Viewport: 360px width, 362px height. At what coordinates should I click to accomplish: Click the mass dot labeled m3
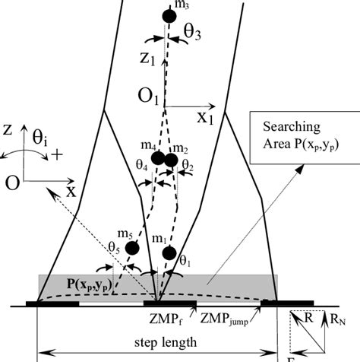[169, 14]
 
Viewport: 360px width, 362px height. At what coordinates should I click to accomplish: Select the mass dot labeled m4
[157, 158]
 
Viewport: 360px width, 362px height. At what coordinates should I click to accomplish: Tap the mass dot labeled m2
[171, 160]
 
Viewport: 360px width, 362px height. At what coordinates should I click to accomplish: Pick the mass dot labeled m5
[133, 248]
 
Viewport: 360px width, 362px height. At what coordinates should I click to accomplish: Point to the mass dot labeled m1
[169, 252]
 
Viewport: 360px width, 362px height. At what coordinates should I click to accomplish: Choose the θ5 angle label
[112, 247]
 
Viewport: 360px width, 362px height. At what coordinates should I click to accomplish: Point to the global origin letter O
[10, 183]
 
